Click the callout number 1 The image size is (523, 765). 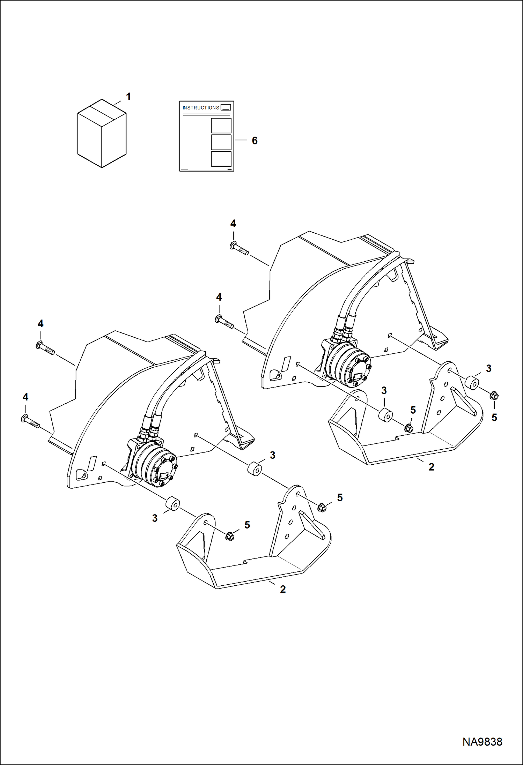point(128,97)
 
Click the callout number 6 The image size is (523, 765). point(255,141)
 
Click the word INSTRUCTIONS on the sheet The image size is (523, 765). point(201,108)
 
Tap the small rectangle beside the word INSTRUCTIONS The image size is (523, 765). point(226,107)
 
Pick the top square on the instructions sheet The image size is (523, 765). point(221,126)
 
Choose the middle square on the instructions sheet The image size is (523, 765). point(221,142)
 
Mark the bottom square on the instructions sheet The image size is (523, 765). point(221,159)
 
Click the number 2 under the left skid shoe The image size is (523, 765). point(283,589)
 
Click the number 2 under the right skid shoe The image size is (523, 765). point(432,467)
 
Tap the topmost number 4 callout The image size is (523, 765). point(233,224)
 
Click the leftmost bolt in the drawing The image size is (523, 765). point(31,422)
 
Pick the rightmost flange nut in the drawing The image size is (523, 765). point(494,396)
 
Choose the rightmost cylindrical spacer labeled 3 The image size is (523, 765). point(472,383)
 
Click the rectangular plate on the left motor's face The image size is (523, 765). point(163,475)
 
